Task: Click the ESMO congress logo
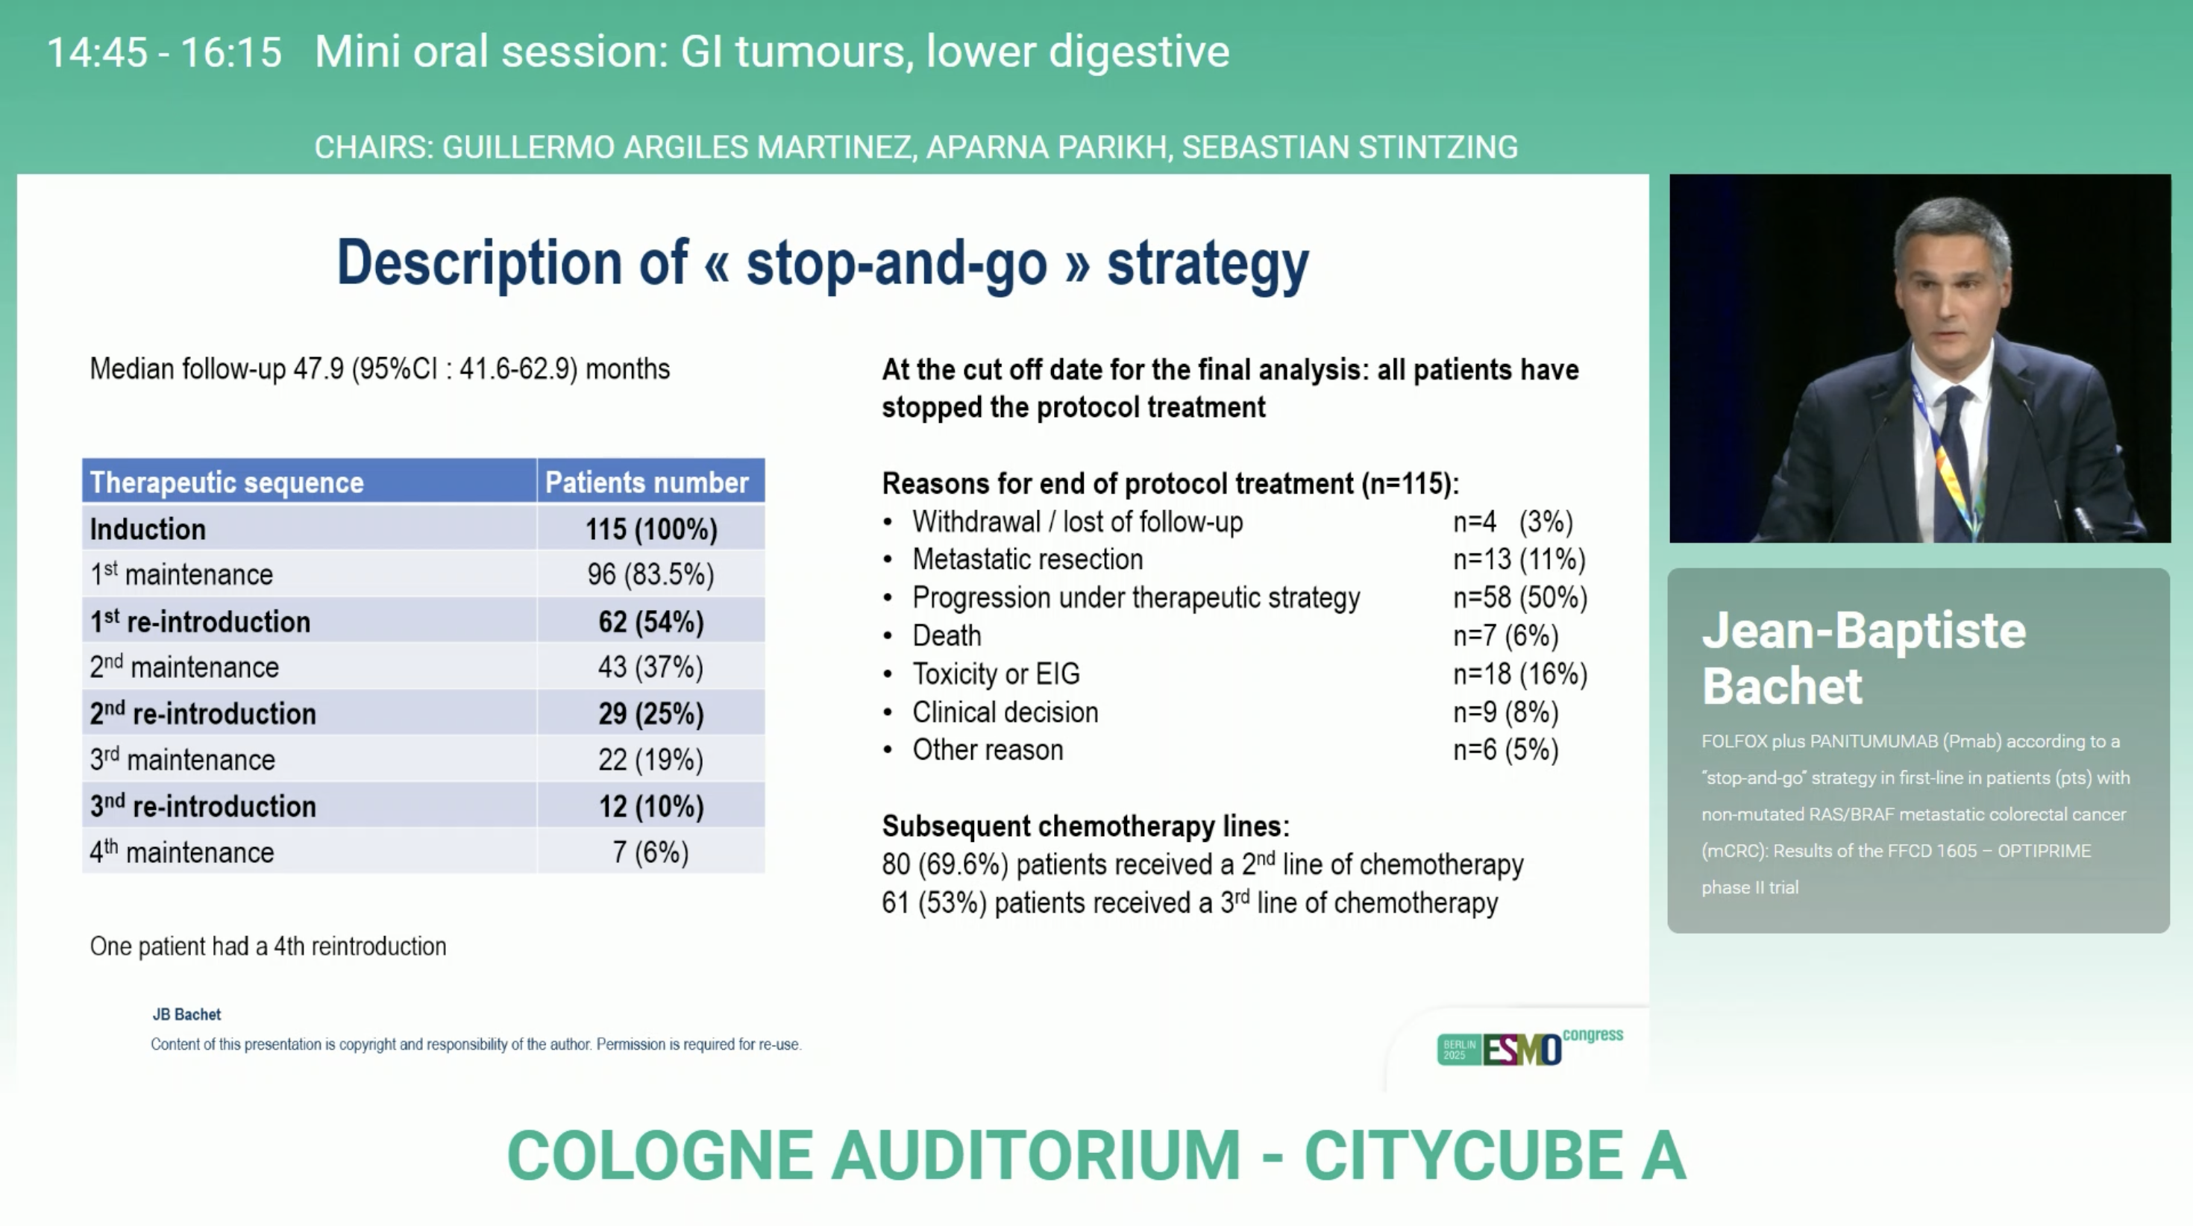(x=1530, y=1047)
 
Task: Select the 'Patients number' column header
(x=647, y=482)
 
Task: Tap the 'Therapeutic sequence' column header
(x=227, y=482)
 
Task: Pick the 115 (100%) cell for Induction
(x=651, y=529)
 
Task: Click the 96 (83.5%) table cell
(x=651, y=575)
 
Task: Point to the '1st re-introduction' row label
(x=200, y=621)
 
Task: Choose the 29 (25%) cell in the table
(x=651, y=714)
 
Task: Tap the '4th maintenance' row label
(x=182, y=852)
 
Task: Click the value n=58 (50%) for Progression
(x=1520, y=597)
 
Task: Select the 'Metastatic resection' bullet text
(x=1028, y=559)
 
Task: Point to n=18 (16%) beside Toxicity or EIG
(x=1520, y=674)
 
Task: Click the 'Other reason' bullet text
(x=988, y=750)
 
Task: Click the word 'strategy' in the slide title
(x=1207, y=265)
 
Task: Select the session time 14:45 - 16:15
(x=164, y=52)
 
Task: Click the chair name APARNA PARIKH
(x=1047, y=148)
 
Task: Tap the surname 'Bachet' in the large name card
(x=1782, y=686)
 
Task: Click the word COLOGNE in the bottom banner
(x=660, y=1155)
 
